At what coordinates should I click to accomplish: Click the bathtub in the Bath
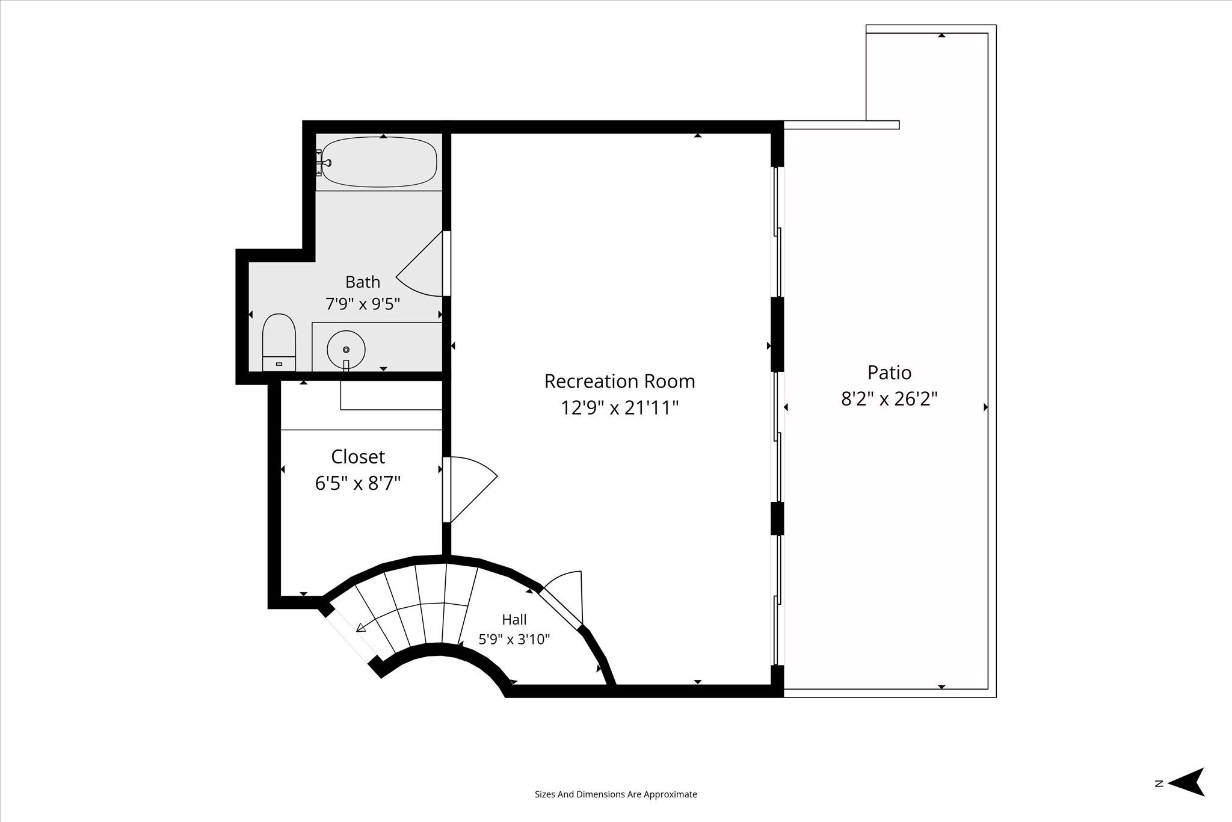coord(379,162)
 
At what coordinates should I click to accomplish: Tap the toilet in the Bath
coord(279,342)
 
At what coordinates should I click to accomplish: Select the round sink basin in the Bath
coord(346,349)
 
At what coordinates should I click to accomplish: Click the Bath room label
coord(363,282)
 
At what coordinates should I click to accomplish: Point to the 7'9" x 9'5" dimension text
coord(363,304)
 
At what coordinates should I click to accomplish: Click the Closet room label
coord(358,457)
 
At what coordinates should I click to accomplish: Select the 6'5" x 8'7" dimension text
coord(358,483)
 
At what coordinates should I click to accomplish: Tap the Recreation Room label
coord(620,382)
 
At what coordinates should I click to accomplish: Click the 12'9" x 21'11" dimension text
coord(620,408)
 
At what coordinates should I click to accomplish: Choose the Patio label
coord(889,372)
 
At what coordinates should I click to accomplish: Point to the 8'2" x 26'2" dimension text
coord(889,398)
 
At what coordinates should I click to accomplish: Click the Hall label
coord(514,619)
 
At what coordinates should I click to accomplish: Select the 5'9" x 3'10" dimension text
coord(514,639)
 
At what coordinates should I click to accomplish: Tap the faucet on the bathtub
coord(325,162)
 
